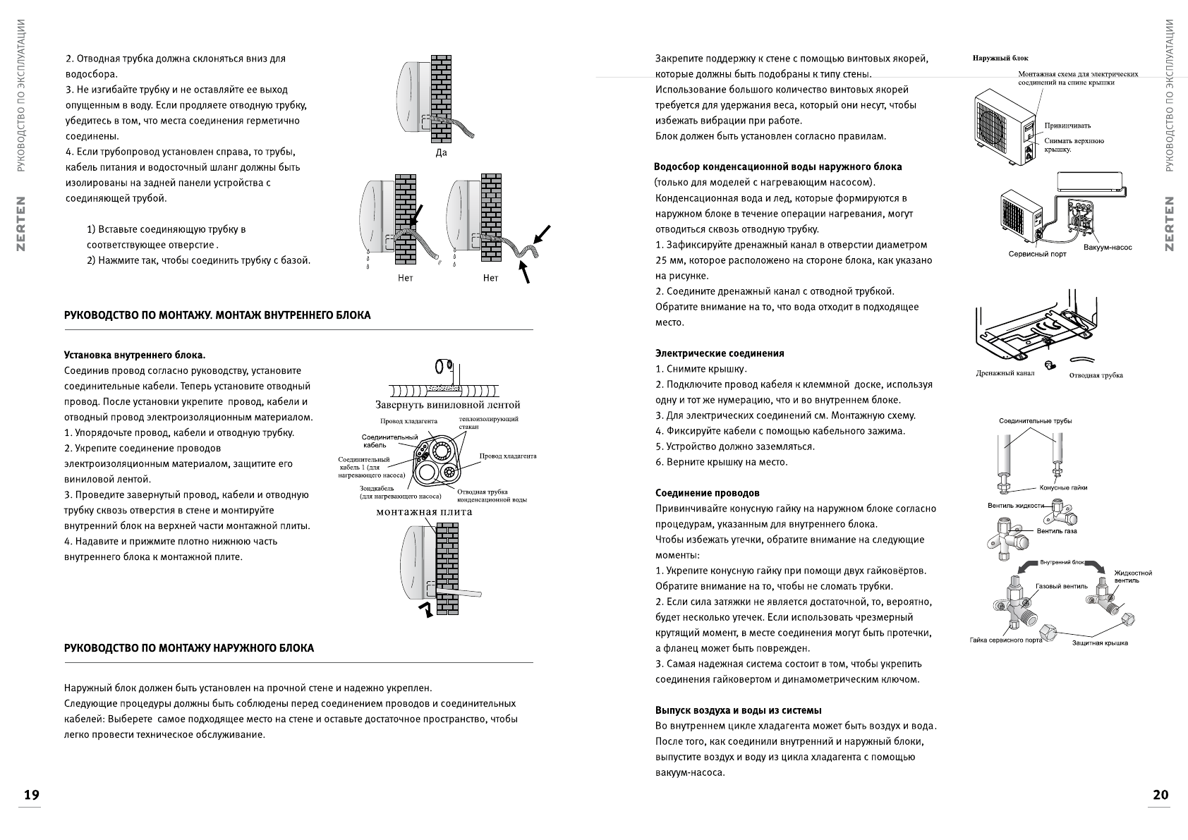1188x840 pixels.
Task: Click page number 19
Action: pyautogui.click(x=32, y=795)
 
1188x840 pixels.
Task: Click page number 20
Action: pyautogui.click(x=1160, y=795)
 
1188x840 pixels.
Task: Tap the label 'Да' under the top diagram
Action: pyautogui.click(x=442, y=153)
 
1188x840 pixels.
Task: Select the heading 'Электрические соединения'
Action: pyautogui.click(x=720, y=353)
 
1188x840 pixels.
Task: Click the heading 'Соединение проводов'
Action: pyautogui.click(x=708, y=493)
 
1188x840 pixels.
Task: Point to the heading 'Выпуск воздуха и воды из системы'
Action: pyautogui.click(x=739, y=710)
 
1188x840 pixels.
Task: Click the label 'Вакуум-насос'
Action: pyautogui.click(x=1108, y=248)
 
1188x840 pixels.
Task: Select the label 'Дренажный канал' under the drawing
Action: pyautogui.click(x=1005, y=373)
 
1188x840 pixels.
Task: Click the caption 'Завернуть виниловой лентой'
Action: pyautogui.click(x=448, y=405)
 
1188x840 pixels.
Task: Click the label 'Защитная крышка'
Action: pyautogui.click(x=1100, y=643)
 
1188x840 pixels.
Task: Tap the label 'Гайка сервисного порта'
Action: pyautogui.click(x=1005, y=640)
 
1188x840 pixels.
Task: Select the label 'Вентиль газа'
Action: pyautogui.click(x=1057, y=531)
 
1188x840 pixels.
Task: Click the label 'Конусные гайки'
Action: pyautogui.click(x=1063, y=487)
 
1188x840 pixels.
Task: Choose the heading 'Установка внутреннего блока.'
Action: pyautogui.click(x=135, y=355)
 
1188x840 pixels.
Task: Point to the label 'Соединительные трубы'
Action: pyautogui.click(x=1035, y=421)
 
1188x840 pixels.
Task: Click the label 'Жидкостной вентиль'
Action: pyautogui.click(x=1133, y=577)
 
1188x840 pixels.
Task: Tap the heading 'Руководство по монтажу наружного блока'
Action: pyautogui.click(x=189, y=648)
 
